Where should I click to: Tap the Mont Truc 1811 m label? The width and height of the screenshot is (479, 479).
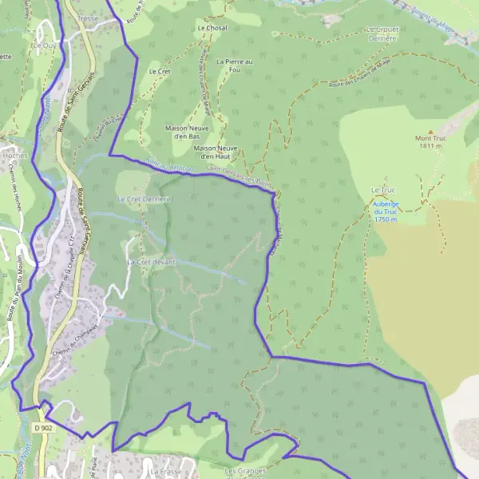click(429, 142)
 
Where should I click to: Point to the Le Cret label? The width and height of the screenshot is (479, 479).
click(160, 71)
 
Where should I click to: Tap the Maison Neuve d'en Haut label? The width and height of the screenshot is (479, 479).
click(216, 151)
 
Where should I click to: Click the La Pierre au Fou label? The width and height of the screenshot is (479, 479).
click(234, 65)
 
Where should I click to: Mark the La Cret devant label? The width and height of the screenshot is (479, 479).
click(151, 262)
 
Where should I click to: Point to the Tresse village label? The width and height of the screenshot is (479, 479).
click(88, 17)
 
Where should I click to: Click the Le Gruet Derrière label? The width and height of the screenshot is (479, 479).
click(383, 34)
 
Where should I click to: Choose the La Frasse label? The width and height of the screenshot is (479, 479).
click(166, 472)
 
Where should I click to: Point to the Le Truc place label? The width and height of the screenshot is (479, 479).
click(383, 189)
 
